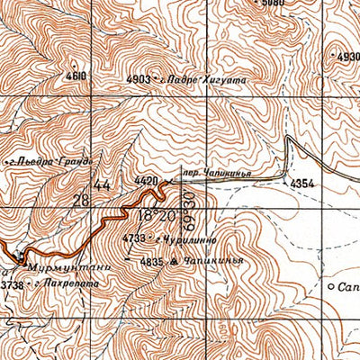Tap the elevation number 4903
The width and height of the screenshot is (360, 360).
pyautogui.click(x=139, y=79)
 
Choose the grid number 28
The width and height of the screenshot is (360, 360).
pyautogui.click(x=82, y=200)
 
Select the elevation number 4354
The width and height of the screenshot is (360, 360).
pyautogui.click(x=301, y=184)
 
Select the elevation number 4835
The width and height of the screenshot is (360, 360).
pyautogui.click(x=151, y=262)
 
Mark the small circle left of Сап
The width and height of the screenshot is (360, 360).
pyautogui.click(x=331, y=287)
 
